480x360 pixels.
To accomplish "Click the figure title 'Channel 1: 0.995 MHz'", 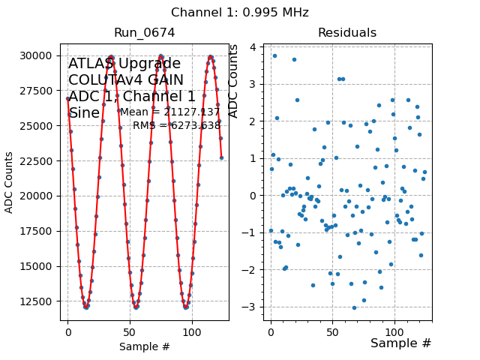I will point(240,13).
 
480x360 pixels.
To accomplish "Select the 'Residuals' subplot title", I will point(346,33).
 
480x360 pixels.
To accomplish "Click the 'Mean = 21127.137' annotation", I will point(170,112).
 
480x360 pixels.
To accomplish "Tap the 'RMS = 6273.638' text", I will point(176,126).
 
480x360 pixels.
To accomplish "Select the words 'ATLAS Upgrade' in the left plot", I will point(124,64).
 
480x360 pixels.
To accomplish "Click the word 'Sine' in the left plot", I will point(84,113).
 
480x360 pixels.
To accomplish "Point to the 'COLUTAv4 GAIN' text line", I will point(126,80).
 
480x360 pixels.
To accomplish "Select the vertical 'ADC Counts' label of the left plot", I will point(10,182).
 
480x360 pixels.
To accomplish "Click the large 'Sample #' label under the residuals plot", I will point(400,343).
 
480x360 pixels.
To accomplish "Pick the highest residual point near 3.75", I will point(274,55).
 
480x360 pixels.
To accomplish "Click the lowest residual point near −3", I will point(354,307).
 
